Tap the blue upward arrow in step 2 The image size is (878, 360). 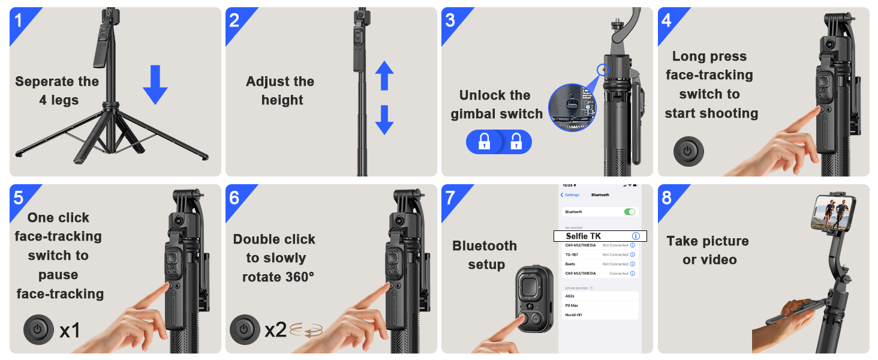click(384, 76)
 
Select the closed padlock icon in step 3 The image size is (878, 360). click(485, 142)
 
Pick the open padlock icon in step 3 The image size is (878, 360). click(516, 142)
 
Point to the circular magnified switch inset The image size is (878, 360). click(572, 107)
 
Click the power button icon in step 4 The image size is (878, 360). click(688, 151)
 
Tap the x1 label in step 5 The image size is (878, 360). click(70, 329)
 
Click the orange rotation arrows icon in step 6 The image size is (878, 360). click(306, 330)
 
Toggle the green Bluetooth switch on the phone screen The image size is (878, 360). click(629, 212)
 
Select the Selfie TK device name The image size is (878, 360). click(583, 236)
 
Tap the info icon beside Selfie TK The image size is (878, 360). click(636, 236)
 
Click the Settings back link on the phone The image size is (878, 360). click(570, 195)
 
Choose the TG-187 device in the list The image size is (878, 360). click(572, 254)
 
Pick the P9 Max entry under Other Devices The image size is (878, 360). click(572, 305)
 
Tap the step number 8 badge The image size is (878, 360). click(667, 197)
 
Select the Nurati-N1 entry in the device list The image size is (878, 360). click(573, 315)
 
